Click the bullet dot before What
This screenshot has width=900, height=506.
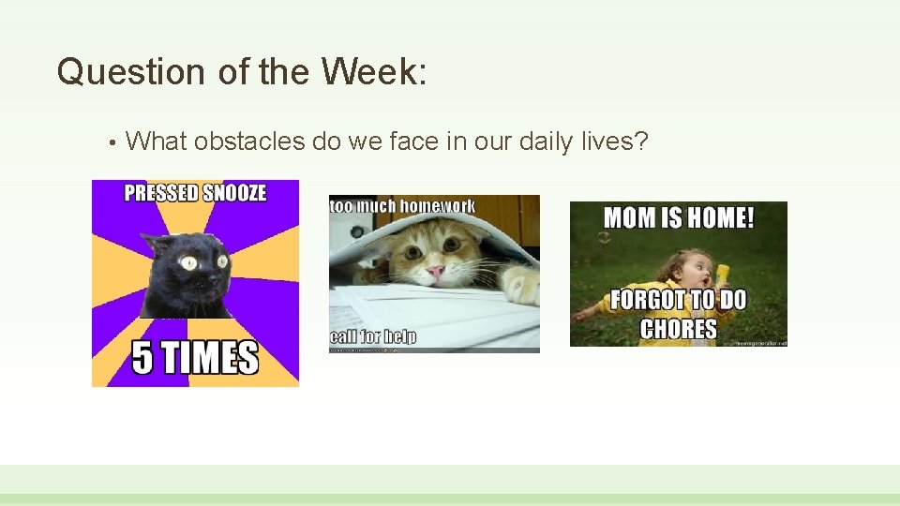pos(112,142)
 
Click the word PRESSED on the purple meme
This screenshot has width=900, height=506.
pos(161,194)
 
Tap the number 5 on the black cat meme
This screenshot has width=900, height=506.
pos(143,358)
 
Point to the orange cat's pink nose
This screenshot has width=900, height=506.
pos(436,272)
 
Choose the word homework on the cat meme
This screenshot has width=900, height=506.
pos(440,205)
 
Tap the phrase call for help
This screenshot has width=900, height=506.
pos(373,336)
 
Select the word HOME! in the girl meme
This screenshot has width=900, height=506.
pos(717,218)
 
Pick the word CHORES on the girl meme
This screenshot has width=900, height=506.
pos(678,329)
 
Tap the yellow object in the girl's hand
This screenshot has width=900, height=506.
pos(723,272)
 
